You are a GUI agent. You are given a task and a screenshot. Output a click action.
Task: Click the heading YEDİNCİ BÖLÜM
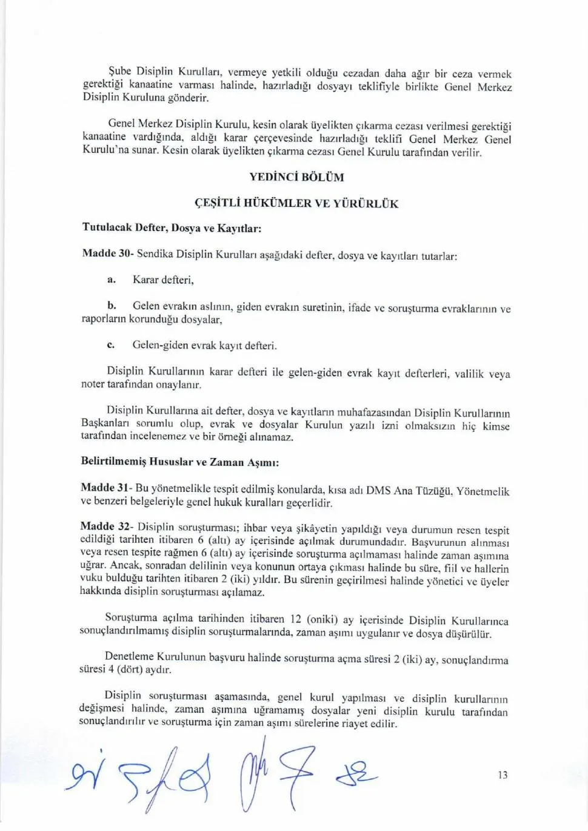pyautogui.click(x=296, y=177)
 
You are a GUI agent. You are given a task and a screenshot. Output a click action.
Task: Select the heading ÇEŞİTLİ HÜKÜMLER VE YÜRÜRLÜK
pyautogui.click(x=296, y=203)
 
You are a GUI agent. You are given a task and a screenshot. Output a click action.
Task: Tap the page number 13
pyautogui.click(x=503, y=775)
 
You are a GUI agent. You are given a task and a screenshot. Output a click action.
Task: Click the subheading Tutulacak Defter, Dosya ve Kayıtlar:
pyautogui.click(x=172, y=228)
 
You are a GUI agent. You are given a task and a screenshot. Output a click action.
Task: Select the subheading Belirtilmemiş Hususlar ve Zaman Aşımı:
pyautogui.click(x=179, y=462)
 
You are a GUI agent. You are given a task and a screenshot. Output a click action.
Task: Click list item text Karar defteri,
pyautogui.click(x=163, y=280)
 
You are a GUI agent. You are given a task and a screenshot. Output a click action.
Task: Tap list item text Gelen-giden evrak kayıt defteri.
pyautogui.click(x=204, y=345)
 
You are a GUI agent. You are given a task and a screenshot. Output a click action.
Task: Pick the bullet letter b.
pyautogui.click(x=112, y=305)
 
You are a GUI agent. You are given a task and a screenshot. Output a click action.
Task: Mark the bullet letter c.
pyautogui.click(x=110, y=345)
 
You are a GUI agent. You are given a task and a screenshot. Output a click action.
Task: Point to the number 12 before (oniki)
pyautogui.click(x=295, y=619)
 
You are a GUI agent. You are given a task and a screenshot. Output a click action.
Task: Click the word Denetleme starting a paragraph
pyautogui.click(x=129, y=656)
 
